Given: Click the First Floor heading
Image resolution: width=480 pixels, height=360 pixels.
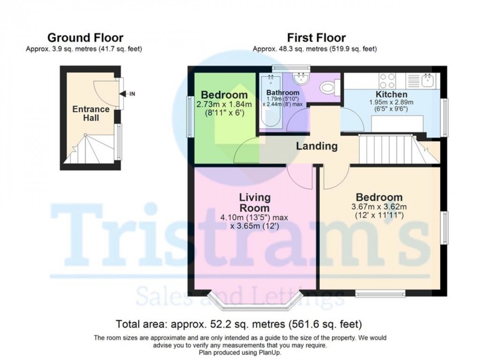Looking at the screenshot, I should click(316, 38).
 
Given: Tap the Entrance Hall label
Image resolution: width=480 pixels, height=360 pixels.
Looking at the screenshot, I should click(91, 113).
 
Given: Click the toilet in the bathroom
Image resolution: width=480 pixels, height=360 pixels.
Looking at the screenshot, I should click(328, 88).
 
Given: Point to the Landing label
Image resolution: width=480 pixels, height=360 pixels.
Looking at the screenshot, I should click(317, 146).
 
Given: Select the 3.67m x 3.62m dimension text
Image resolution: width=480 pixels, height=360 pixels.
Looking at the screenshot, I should click(379, 207).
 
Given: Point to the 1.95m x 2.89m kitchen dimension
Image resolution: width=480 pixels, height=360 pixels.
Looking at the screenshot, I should click(390, 102).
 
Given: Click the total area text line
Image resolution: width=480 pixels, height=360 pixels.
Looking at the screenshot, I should click(239, 324).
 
